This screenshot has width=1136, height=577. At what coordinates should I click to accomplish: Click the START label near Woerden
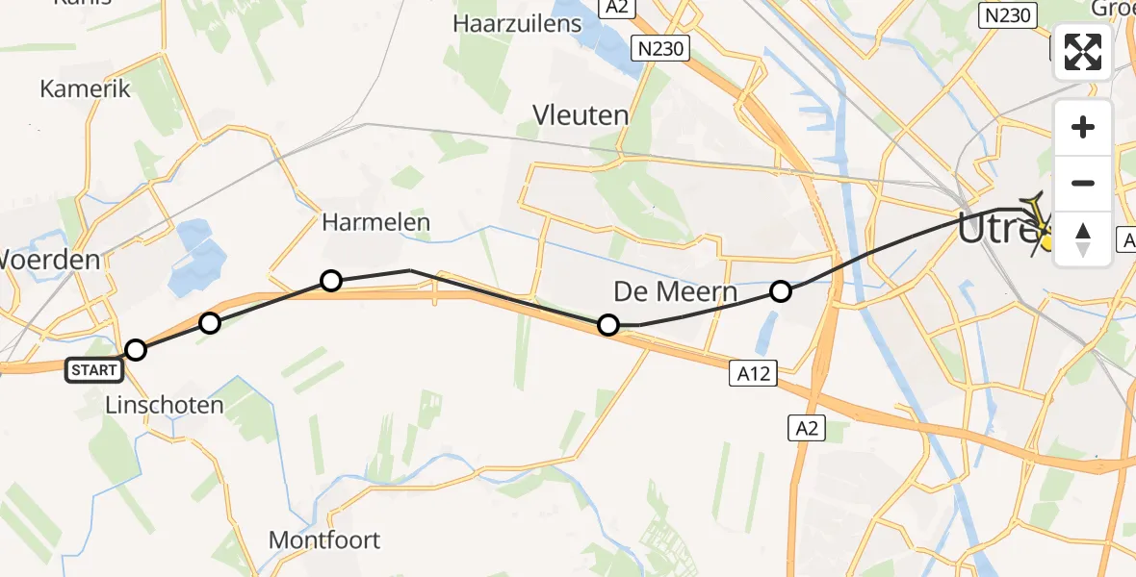coord(94,370)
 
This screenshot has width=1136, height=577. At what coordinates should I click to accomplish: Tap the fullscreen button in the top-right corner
coord(1083,51)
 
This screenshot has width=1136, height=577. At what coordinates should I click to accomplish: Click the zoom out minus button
coord(1083,183)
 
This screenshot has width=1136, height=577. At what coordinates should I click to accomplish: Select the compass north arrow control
coord(1083,237)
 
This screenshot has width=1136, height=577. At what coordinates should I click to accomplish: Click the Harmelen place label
coord(375,223)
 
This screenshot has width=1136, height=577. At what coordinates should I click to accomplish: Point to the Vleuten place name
coord(581,115)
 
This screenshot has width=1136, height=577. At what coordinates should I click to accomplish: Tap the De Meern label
coord(676,291)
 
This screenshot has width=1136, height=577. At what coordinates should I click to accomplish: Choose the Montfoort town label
coord(324,539)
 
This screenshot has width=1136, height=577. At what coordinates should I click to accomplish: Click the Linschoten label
coord(164,405)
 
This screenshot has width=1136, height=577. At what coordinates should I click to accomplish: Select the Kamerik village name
coord(85,88)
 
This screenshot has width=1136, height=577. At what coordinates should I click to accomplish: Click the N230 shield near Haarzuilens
coord(660,48)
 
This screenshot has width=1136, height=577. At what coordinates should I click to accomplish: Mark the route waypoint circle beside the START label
coord(136,350)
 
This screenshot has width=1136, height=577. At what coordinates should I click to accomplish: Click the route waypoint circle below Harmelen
coord(330,281)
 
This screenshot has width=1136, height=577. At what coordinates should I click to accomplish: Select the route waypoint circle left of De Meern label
coord(608,325)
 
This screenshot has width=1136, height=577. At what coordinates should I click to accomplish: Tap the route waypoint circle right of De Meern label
coord(781,290)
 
